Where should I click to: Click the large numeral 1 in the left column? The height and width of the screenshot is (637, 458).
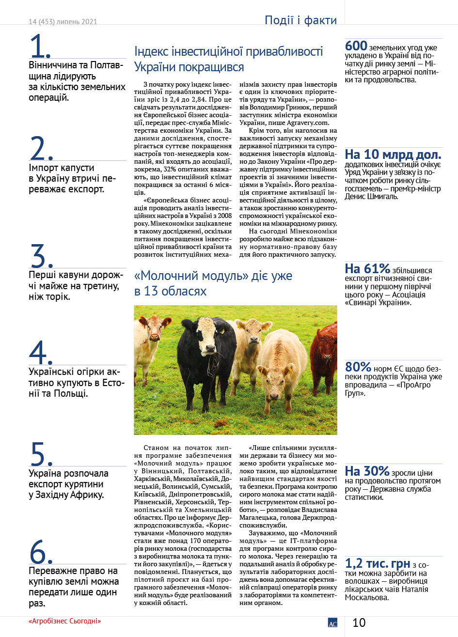pyautogui.click(x=40, y=47)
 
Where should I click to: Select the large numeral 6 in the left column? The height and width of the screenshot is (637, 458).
pyautogui.click(x=41, y=552)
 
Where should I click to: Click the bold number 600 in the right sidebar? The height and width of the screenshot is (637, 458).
pyautogui.click(x=356, y=46)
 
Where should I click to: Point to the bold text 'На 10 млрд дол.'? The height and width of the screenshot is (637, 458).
pyautogui.click(x=393, y=155)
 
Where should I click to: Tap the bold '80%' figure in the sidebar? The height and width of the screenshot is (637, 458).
pyautogui.click(x=358, y=367)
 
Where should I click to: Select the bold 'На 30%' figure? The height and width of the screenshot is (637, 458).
pyautogui.click(x=367, y=471)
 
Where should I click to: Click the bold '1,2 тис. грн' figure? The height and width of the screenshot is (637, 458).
pyautogui.click(x=378, y=563)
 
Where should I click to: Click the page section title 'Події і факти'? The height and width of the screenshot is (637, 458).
pyautogui.click(x=300, y=20)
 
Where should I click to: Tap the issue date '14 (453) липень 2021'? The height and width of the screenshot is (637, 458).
pyautogui.click(x=63, y=22)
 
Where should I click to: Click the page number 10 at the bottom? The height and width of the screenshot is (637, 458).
pyautogui.click(x=359, y=622)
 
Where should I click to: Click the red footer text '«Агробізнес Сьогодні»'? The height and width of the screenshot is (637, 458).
pyautogui.click(x=64, y=621)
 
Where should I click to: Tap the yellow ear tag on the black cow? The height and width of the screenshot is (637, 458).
pyautogui.click(x=221, y=331)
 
